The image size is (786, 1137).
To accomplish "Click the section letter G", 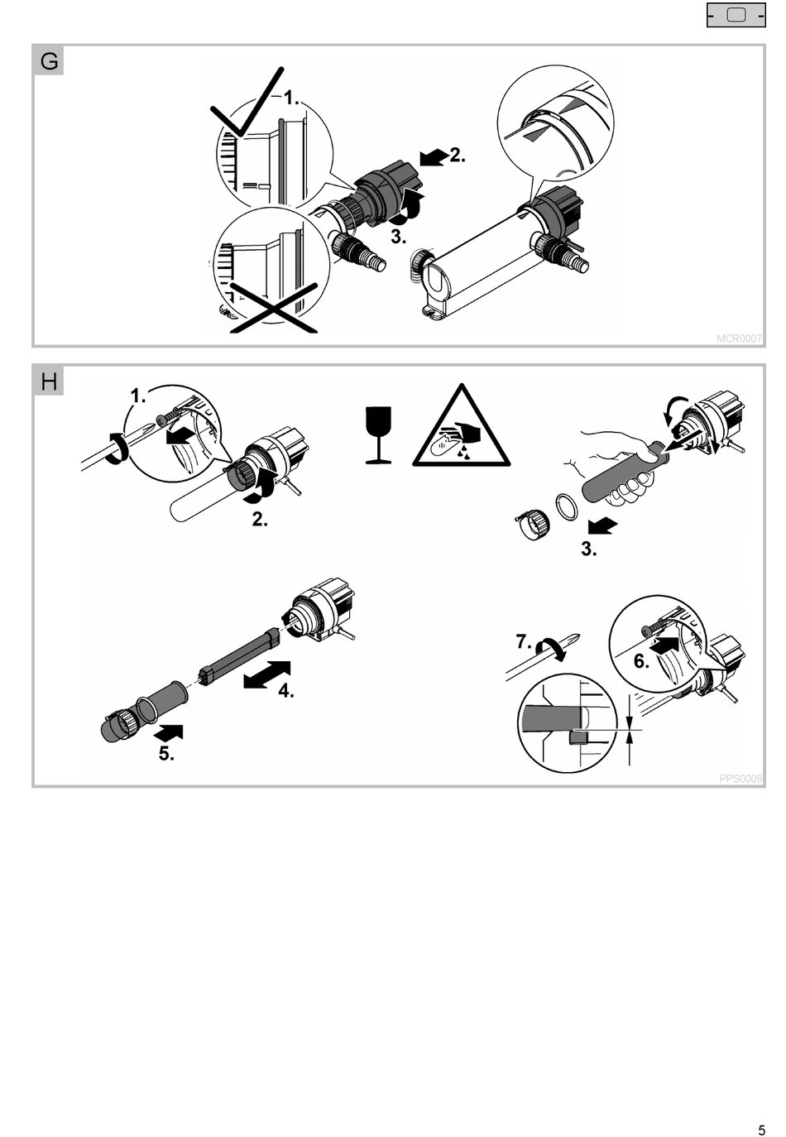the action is click(x=49, y=61).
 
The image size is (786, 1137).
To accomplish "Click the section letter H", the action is click(x=49, y=381).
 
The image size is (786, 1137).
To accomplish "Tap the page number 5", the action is click(x=761, y=1130).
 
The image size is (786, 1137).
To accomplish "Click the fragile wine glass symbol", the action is click(x=378, y=434).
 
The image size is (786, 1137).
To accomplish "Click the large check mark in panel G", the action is click(x=246, y=108).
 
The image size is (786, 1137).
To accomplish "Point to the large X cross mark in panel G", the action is click(x=273, y=306).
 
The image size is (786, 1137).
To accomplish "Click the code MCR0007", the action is click(x=739, y=338).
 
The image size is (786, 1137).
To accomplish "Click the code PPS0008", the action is click(x=740, y=779).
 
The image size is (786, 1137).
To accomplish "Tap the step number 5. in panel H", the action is click(x=166, y=753).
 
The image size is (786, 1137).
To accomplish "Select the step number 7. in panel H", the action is click(x=523, y=641).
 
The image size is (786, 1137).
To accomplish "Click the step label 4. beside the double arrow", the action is click(x=286, y=691).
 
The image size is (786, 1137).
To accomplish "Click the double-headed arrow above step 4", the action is click(x=267, y=674).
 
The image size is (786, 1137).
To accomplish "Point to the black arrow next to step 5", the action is click(x=170, y=732).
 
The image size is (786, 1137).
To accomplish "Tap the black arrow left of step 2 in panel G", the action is click(x=434, y=156).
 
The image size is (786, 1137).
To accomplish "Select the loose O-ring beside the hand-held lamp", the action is click(x=566, y=506).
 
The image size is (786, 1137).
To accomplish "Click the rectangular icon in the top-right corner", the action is click(x=736, y=15).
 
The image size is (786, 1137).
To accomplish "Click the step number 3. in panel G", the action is click(x=399, y=237).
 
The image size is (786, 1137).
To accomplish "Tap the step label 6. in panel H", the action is click(x=641, y=660).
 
